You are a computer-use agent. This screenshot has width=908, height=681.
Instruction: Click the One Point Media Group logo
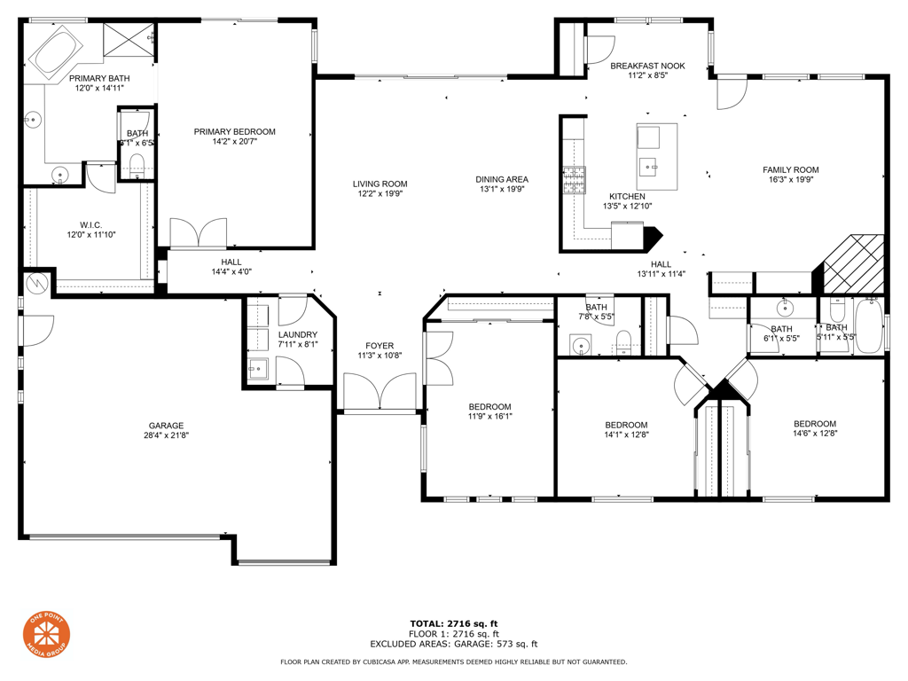coord(46,635)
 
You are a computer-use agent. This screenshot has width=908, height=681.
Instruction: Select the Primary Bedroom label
coord(234,132)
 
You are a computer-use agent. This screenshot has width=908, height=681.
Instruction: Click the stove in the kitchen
coord(573,180)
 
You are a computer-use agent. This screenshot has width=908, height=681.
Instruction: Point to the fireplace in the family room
coord(852,263)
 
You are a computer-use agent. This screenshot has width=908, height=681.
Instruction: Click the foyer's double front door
coord(380,392)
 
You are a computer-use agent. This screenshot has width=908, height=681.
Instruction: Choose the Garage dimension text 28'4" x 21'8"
coord(166,435)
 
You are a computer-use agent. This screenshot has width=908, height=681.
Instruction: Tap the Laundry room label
coord(297,334)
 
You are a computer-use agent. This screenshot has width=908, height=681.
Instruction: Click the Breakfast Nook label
coord(647,66)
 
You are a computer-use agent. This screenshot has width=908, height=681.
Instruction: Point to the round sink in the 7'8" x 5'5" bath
coord(581,345)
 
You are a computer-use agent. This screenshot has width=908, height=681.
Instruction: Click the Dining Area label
coord(502,179)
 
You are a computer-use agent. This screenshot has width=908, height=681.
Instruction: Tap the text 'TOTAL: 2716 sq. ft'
coord(453,623)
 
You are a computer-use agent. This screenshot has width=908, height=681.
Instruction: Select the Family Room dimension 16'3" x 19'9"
coord(790,180)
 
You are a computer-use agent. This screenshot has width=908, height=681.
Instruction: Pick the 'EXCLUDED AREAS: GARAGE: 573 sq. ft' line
coord(453,645)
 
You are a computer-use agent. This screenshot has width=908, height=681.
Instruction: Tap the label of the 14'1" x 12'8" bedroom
coord(626,425)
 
